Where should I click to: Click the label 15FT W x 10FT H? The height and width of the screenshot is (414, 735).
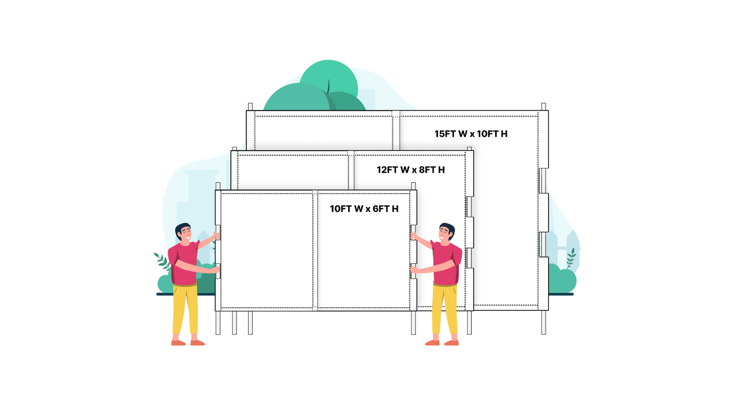click(x=471, y=134)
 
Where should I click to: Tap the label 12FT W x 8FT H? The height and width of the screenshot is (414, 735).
click(x=411, y=170)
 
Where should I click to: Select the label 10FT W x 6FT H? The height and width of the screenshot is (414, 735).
click(x=364, y=209)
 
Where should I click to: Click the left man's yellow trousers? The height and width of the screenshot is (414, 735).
click(x=185, y=310)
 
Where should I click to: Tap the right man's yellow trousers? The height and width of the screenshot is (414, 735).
click(x=444, y=310)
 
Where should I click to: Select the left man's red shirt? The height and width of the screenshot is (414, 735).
click(x=184, y=264)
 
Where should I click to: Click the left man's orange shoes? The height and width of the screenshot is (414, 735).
click(x=188, y=342)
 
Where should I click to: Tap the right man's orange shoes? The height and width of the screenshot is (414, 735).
click(x=441, y=342)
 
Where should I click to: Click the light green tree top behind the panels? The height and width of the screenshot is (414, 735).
click(x=329, y=76)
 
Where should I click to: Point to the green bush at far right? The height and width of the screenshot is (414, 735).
click(x=563, y=280)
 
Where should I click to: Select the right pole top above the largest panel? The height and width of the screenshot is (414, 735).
click(x=543, y=107)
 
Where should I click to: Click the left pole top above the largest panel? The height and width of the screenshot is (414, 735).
click(x=250, y=107)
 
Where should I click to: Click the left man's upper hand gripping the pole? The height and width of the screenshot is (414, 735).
click(x=215, y=235)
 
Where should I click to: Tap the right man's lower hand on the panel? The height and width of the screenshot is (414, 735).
click(x=413, y=269)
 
